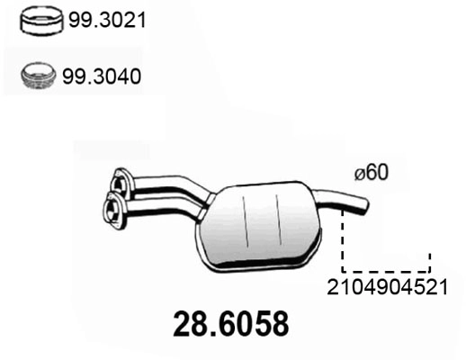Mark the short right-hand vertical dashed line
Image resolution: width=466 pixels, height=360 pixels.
(429, 261)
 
